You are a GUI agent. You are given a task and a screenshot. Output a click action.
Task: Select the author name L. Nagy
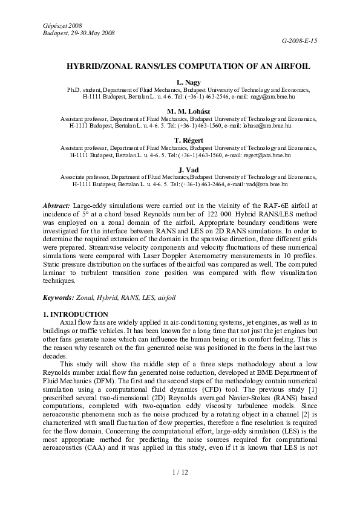[x=180, y=81]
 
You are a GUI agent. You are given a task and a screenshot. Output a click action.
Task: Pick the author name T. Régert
[x=180, y=140]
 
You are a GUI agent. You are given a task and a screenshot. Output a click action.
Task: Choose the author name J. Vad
[x=180, y=169]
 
